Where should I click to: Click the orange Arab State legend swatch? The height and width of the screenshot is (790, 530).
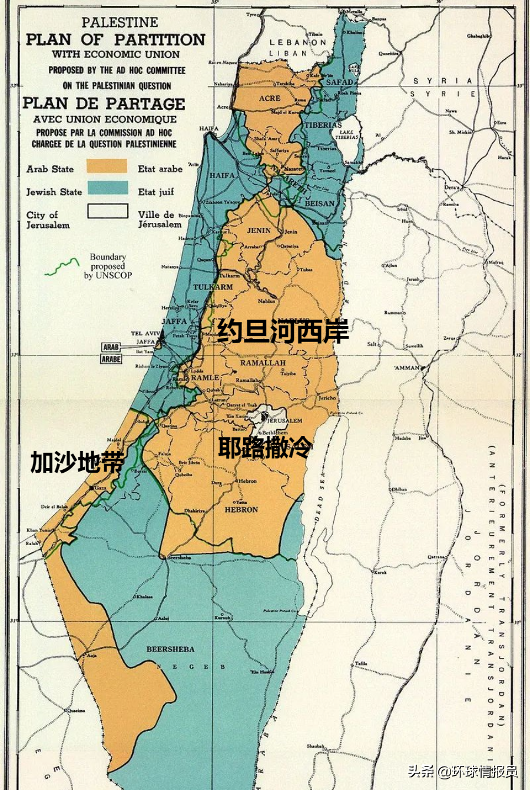[107, 166]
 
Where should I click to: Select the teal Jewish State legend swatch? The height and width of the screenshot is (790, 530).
[108, 188]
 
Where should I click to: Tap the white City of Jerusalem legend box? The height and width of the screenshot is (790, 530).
[108, 211]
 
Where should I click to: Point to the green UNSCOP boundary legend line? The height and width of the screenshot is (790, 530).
[62, 267]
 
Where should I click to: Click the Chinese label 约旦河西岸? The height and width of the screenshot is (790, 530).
[283, 331]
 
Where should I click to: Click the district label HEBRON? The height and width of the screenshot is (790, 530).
[241, 510]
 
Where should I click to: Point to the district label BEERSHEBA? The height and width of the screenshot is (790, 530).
[170, 649]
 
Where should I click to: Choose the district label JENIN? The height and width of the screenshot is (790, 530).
[259, 230]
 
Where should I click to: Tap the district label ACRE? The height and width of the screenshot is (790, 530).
[270, 98]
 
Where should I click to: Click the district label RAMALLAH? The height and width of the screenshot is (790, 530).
[263, 363]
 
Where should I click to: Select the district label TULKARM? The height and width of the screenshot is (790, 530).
[213, 287]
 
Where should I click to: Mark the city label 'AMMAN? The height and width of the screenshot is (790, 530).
[406, 367]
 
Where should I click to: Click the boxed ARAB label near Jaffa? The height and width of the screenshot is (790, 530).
[111, 347]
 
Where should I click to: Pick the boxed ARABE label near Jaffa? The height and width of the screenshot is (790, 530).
[111, 359]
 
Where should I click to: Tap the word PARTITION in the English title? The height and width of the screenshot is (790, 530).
[160, 39]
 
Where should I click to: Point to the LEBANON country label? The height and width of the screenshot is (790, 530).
[297, 42]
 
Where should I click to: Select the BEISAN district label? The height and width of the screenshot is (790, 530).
[319, 203]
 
